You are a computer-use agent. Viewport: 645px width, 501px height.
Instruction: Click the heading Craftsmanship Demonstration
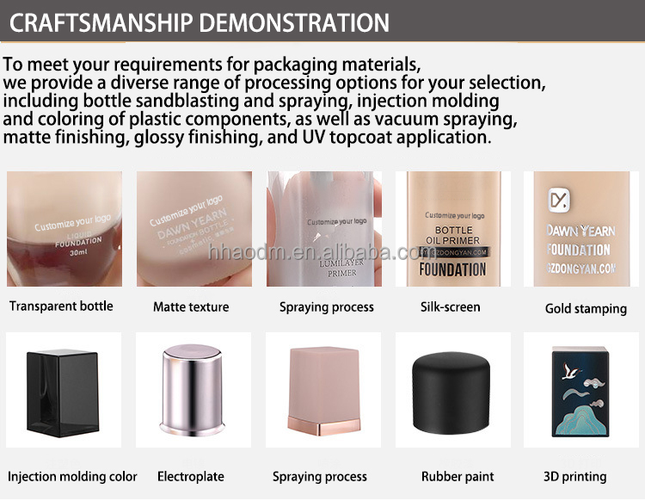click(x=199, y=22)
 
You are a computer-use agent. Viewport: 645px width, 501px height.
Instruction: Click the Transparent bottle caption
click(x=61, y=306)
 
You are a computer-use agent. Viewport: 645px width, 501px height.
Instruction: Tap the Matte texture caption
click(x=191, y=307)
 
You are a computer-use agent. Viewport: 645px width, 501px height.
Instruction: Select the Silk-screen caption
click(x=450, y=306)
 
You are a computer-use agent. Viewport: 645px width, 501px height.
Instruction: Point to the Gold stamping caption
click(x=586, y=308)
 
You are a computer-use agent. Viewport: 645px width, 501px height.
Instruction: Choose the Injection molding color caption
click(x=72, y=476)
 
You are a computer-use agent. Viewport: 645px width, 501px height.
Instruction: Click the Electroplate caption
click(x=191, y=476)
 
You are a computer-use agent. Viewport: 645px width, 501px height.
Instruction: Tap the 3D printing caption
click(x=575, y=476)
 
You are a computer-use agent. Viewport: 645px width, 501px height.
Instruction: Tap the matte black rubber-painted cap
click(x=452, y=399)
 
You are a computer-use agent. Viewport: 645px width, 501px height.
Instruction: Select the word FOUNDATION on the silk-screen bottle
click(x=452, y=269)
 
